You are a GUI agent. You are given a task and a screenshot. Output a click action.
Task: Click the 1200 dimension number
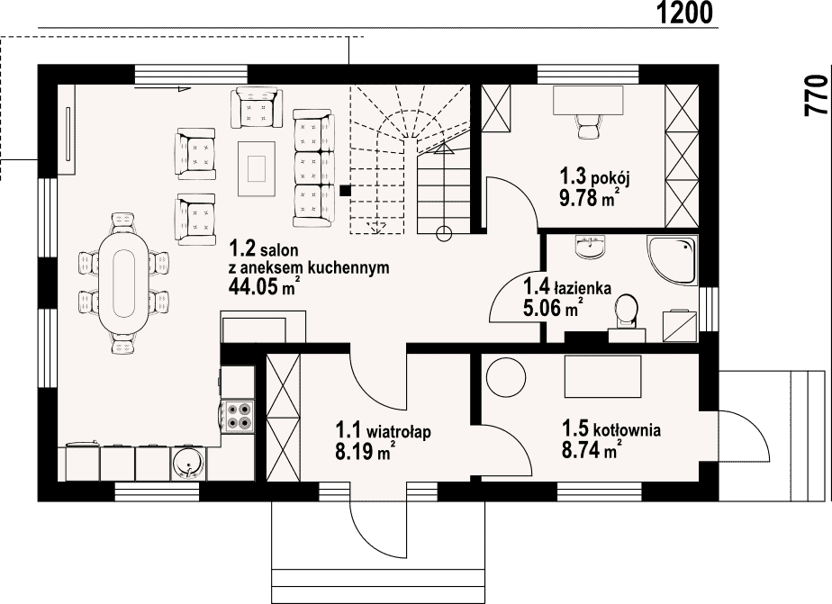[x=684, y=13]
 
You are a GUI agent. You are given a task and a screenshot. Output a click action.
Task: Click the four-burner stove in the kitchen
[x=239, y=416]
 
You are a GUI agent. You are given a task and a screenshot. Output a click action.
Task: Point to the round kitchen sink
[x=188, y=464]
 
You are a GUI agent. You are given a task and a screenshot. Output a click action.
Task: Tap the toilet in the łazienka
[x=628, y=313]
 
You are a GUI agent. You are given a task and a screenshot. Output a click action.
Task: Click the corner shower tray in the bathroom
[x=671, y=260]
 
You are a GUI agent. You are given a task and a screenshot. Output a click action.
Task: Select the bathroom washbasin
[x=590, y=248]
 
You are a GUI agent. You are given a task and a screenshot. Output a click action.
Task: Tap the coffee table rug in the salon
[x=257, y=168]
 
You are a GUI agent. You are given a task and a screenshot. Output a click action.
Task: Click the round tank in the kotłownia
[x=506, y=377]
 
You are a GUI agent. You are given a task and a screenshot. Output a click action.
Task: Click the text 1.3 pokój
[x=594, y=176]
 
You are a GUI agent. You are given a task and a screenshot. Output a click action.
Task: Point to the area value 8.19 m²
[x=365, y=451]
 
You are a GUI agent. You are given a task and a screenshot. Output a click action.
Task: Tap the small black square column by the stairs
[x=346, y=190]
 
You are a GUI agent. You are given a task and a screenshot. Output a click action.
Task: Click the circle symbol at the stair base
[x=444, y=232]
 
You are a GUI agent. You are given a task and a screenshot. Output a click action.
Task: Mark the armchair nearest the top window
[x=256, y=108]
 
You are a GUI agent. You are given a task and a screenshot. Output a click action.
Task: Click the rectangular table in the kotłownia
[x=602, y=376]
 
